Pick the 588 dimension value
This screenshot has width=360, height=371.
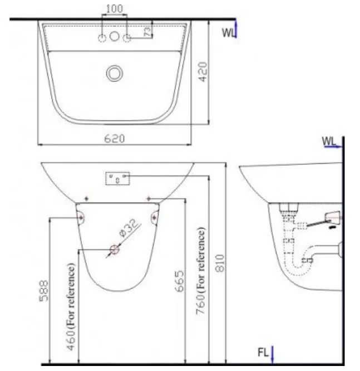coord(43,290)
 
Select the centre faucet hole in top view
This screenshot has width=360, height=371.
coord(115,37)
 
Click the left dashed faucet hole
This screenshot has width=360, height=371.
coord(102,37)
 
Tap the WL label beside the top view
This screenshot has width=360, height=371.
coord(228,32)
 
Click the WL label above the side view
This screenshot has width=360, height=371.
coord(329,141)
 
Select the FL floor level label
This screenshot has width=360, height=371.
coord(263,352)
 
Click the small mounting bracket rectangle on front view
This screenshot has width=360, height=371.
coord(117,178)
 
